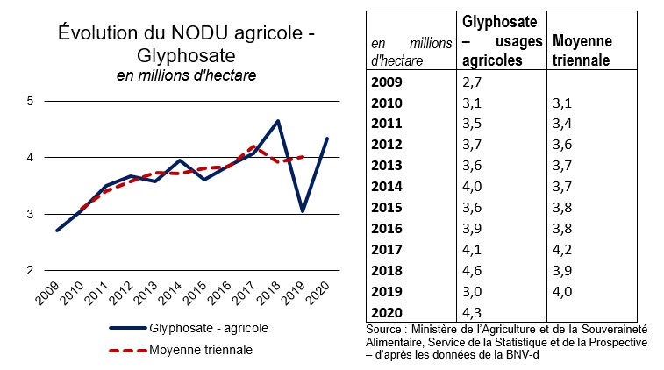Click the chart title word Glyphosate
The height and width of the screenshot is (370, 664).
point(185,55)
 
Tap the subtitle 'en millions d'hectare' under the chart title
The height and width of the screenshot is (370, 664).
point(186,76)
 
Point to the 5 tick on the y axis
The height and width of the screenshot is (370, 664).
point(30,101)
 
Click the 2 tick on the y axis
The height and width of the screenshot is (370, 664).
point(30,270)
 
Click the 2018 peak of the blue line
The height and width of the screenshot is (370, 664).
point(278,121)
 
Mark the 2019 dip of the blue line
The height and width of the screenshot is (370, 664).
point(303,211)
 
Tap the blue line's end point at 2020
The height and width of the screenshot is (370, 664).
point(327,139)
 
